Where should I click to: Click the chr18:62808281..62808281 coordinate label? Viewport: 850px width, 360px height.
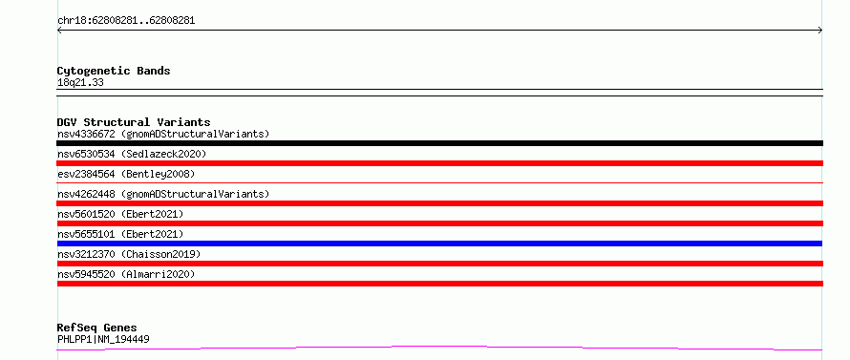point(126,21)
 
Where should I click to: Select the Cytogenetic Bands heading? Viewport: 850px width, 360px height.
point(114,71)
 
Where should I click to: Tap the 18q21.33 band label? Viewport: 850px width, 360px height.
point(80,82)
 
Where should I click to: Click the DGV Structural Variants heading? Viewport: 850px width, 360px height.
point(134,122)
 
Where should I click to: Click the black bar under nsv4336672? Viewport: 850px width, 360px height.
point(439,143)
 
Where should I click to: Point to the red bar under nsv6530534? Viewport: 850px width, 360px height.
point(439,163)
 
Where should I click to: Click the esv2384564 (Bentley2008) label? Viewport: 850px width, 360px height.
point(126,174)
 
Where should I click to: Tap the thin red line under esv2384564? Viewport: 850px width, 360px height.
point(439,182)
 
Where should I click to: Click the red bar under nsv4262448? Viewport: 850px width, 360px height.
point(439,203)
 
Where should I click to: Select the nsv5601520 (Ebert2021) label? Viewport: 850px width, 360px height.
point(120,214)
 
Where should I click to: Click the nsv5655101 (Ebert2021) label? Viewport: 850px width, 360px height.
point(120,234)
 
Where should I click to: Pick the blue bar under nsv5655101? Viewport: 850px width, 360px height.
point(439,244)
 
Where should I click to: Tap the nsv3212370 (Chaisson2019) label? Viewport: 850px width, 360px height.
point(129,254)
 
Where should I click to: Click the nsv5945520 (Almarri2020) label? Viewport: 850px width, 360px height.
point(126,274)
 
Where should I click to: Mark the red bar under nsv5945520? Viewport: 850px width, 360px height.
point(439,284)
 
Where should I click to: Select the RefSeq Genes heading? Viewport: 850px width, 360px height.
point(96,328)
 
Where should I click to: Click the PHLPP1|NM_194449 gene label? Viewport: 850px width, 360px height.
point(103,339)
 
